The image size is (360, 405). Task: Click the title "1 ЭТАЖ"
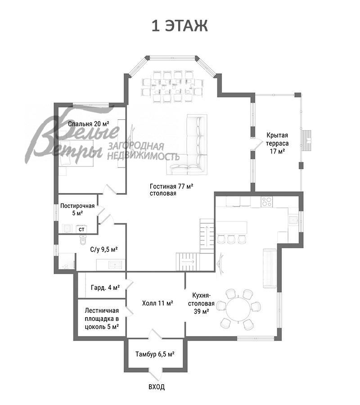180,26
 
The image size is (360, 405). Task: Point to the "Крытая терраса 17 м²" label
277,143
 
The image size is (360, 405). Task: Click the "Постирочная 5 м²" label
77,209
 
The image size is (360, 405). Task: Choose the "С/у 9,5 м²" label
104,248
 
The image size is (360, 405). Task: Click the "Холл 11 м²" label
157,303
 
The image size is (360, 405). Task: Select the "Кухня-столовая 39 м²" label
200,303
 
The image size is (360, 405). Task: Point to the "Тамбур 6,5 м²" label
155,354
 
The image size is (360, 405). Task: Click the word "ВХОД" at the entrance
156,387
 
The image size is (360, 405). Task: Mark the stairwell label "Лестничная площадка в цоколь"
102,319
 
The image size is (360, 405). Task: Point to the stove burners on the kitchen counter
266,202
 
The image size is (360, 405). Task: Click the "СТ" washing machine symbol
82,229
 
